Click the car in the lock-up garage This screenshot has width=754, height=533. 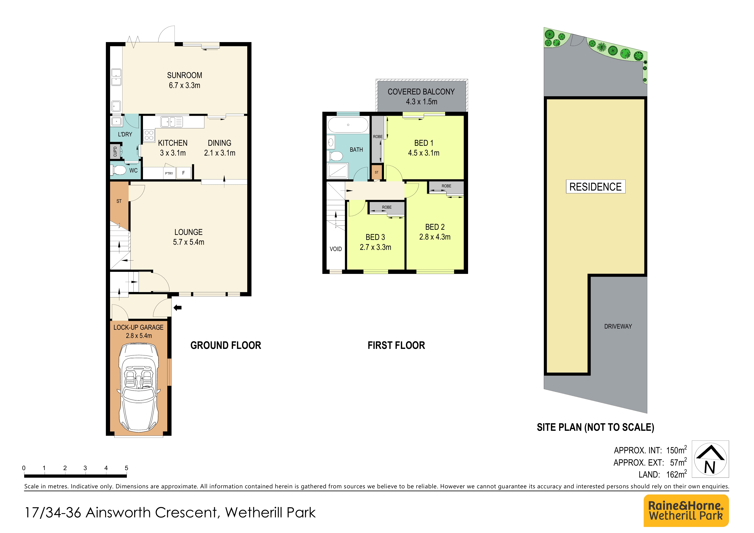coord(139,388)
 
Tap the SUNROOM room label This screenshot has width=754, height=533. coord(185,75)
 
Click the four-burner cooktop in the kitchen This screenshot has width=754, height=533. coord(149,135)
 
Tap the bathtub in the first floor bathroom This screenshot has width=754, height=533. coord(348,125)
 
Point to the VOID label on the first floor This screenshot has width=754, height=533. coord(336,249)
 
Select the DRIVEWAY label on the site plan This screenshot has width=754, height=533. coord(618,326)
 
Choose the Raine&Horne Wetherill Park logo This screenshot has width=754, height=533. coord(686,511)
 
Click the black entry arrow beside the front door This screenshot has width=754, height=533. coord(178,308)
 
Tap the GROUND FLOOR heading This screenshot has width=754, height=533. coord(226,345)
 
